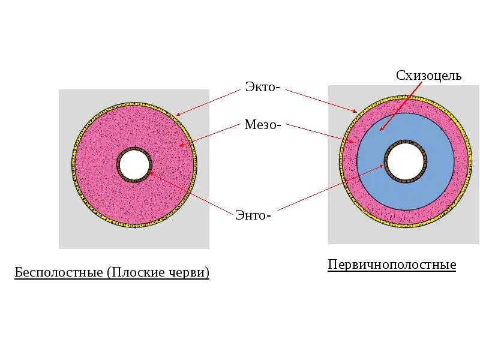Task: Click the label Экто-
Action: [262, 87]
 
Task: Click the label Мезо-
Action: [263, 125]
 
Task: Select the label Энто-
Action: [253, 215]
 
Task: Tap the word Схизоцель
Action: [428, 76]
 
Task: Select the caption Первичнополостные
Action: [392, 265]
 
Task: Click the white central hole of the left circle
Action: [134, 164]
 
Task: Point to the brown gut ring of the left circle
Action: [120, 164]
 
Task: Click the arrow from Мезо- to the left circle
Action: [209, 134]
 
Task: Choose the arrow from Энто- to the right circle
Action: [330, 188]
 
